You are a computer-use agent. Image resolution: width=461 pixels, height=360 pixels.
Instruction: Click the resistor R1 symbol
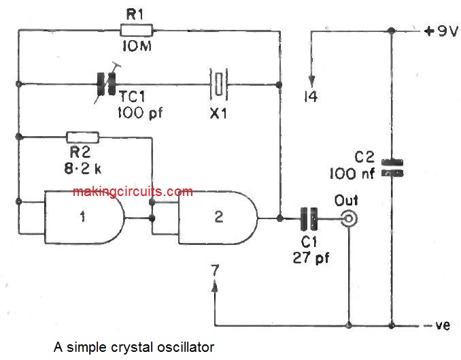[137, 29]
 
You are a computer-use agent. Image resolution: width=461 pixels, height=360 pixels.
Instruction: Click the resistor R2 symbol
[82, 137]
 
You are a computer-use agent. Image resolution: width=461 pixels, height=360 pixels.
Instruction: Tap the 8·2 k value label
[83, 165]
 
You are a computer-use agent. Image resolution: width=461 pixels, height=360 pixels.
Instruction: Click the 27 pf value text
[311, 258]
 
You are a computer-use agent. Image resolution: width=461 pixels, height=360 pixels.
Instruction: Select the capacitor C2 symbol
[392, 167]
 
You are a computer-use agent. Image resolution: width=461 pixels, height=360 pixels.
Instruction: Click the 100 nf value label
[352, 173]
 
